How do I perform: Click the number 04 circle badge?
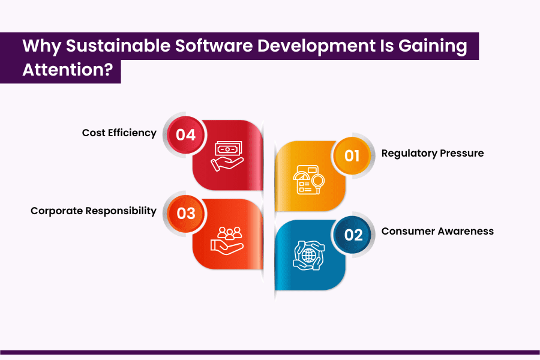(x=186, y=134)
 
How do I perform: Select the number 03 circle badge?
(x=186, y=213)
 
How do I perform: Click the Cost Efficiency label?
(x=119, y=133)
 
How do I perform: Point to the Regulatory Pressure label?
(x=432, y=153)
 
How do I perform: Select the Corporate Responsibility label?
(x=94, y=211)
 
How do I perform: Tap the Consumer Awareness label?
(x=437, y=231)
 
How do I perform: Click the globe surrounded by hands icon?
(x=308, y=256)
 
